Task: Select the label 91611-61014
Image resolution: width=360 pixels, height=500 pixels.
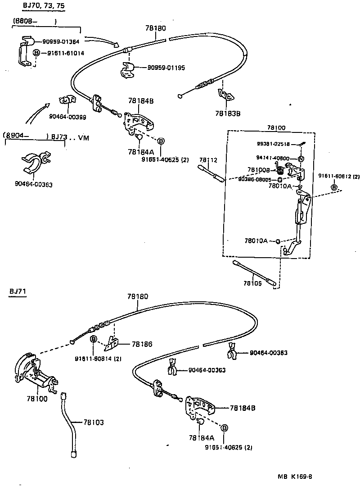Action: tap(65, 53)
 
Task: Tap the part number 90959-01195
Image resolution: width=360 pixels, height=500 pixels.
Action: tap(166, 68)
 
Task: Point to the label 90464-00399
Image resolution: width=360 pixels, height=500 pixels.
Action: tap(67, 117)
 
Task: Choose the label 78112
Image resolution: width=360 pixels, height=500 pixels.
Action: tap(208, 160)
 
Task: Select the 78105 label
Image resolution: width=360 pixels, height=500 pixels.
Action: tap(252, 283)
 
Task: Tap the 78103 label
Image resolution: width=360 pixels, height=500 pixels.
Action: tap(93, 423)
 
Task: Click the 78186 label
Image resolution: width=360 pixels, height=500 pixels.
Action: tap(142, 344)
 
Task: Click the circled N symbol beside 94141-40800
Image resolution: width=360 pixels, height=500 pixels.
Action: tap(301, 159)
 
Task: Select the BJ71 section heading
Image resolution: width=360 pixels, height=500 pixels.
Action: tap(18, 292)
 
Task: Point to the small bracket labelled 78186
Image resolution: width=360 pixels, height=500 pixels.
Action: tap(113, 344)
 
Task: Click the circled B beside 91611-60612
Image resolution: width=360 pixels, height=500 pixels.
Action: tap(334, 187)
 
